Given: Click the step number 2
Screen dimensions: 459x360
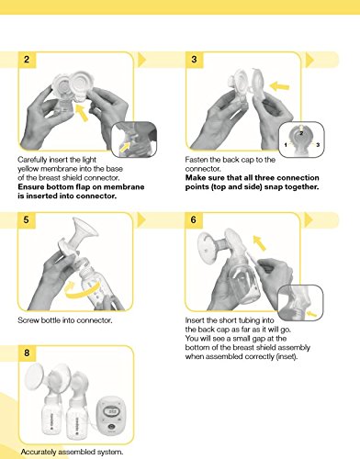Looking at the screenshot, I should [25, 60].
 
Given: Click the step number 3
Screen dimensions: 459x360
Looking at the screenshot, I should [194, 60].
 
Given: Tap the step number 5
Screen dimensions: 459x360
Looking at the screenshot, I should [25, 219].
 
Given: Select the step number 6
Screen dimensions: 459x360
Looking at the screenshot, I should [194, 219].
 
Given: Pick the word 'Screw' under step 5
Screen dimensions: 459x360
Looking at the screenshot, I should [28, 321].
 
